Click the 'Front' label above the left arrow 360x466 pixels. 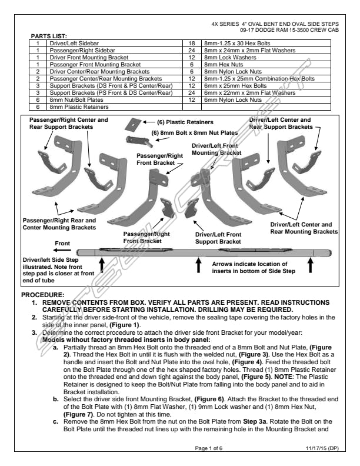click(63, 243)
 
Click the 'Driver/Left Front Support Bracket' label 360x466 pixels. click(218, 238)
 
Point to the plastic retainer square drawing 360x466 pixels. click(135, 123)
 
